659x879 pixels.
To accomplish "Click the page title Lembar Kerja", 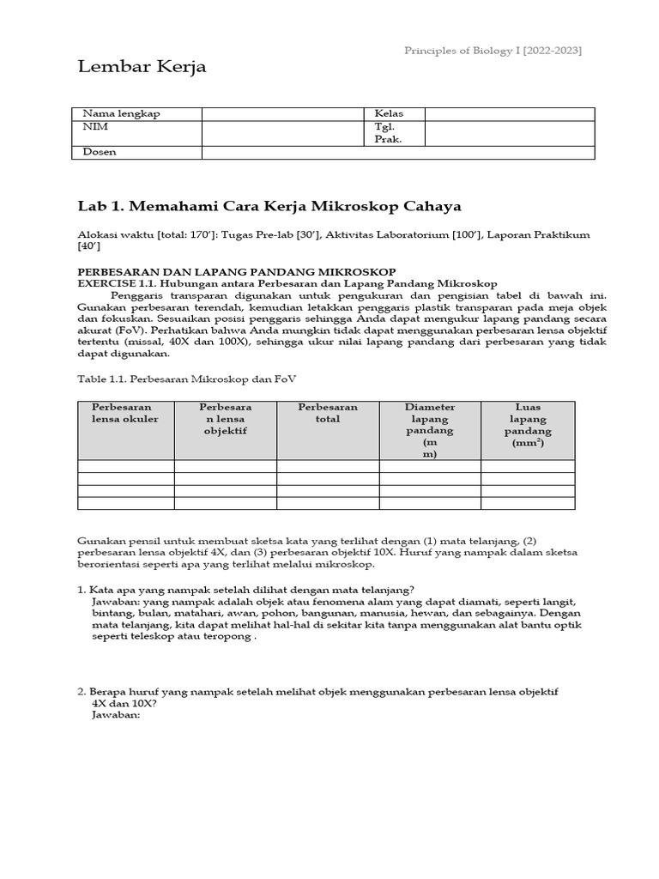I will click(142, 67).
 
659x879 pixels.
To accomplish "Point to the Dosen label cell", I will click(99, 152).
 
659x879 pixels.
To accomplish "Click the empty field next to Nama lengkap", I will click(283, 113).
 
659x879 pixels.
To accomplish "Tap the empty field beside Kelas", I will click(509, 113).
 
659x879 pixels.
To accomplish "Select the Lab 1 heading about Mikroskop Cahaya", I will click(269, 206).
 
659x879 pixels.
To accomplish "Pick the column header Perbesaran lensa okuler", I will click(125, 413).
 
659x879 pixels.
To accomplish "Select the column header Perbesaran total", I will click(328, 413).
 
